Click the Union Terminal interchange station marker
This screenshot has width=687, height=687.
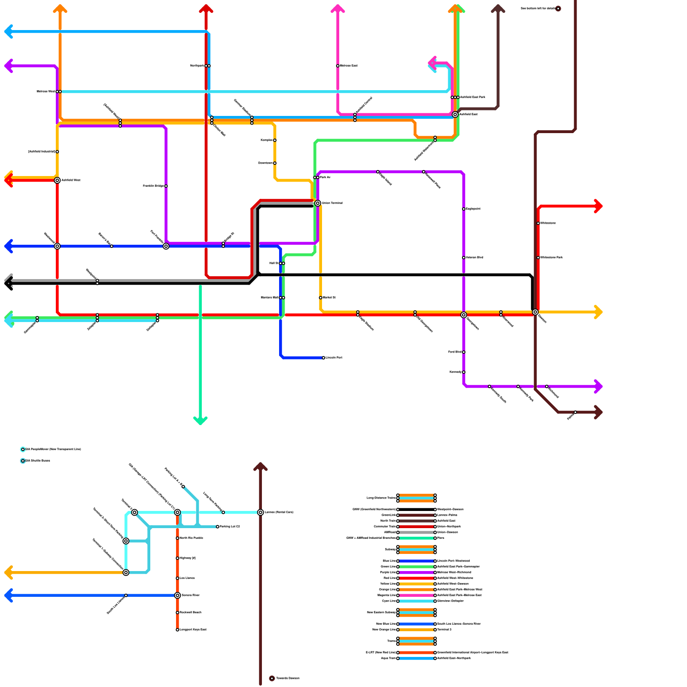coord(318,203)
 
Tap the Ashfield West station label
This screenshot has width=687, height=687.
coord(71,180)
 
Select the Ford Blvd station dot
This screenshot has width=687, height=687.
coord(464,352)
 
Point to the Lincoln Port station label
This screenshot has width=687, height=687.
coord(334,358)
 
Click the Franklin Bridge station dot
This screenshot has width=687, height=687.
coord(166,186)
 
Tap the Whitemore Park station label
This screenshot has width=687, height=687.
coord(551,258)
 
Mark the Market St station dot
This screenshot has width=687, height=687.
coord(321,298)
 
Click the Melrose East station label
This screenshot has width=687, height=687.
coord(349,66)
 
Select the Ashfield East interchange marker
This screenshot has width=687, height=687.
coord(455,115)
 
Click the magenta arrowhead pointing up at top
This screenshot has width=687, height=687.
coord(338,9)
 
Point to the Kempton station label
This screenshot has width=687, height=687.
coord(267,140)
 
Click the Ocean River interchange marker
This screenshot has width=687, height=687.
coord(177,596)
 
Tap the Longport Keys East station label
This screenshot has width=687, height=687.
coord(193,630)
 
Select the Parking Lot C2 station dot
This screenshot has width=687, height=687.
coord(218,527)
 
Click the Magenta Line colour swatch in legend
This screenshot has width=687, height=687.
coord(416,596)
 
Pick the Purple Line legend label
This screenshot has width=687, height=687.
coord(388,572)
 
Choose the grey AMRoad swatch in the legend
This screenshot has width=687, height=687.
coord(416,532)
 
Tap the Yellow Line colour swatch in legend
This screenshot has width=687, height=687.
coord(416,584)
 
